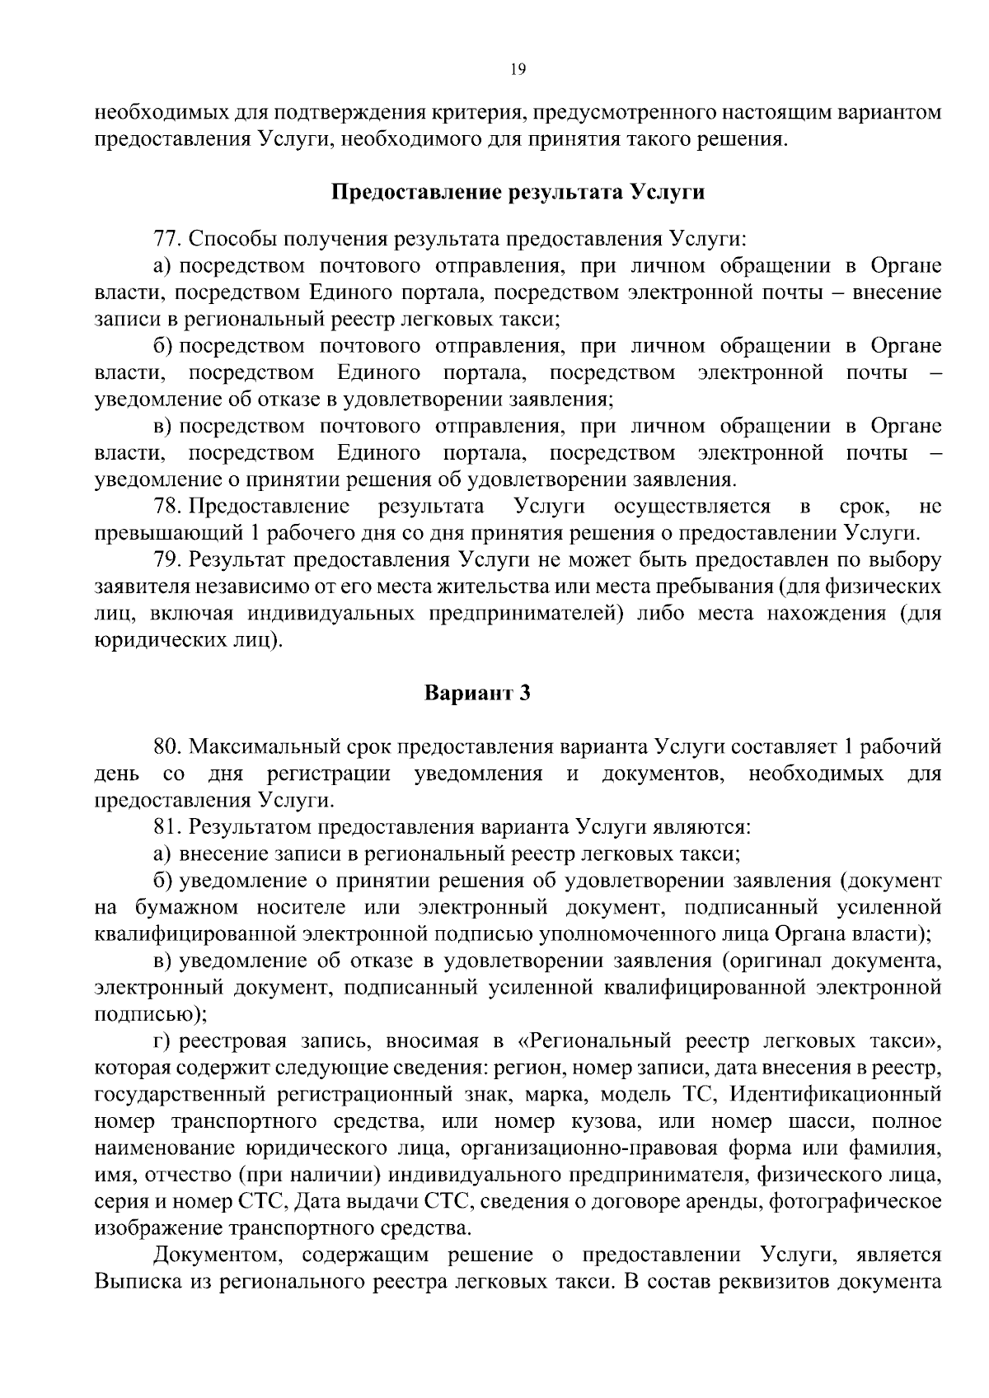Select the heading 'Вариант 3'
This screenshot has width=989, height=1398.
point(477,693)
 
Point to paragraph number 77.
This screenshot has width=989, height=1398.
point(167,240)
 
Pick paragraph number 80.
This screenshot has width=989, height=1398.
point(167,747)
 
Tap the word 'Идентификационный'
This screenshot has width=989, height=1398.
point(836,1095)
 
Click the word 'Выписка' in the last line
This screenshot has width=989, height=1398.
point(134,1282)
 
